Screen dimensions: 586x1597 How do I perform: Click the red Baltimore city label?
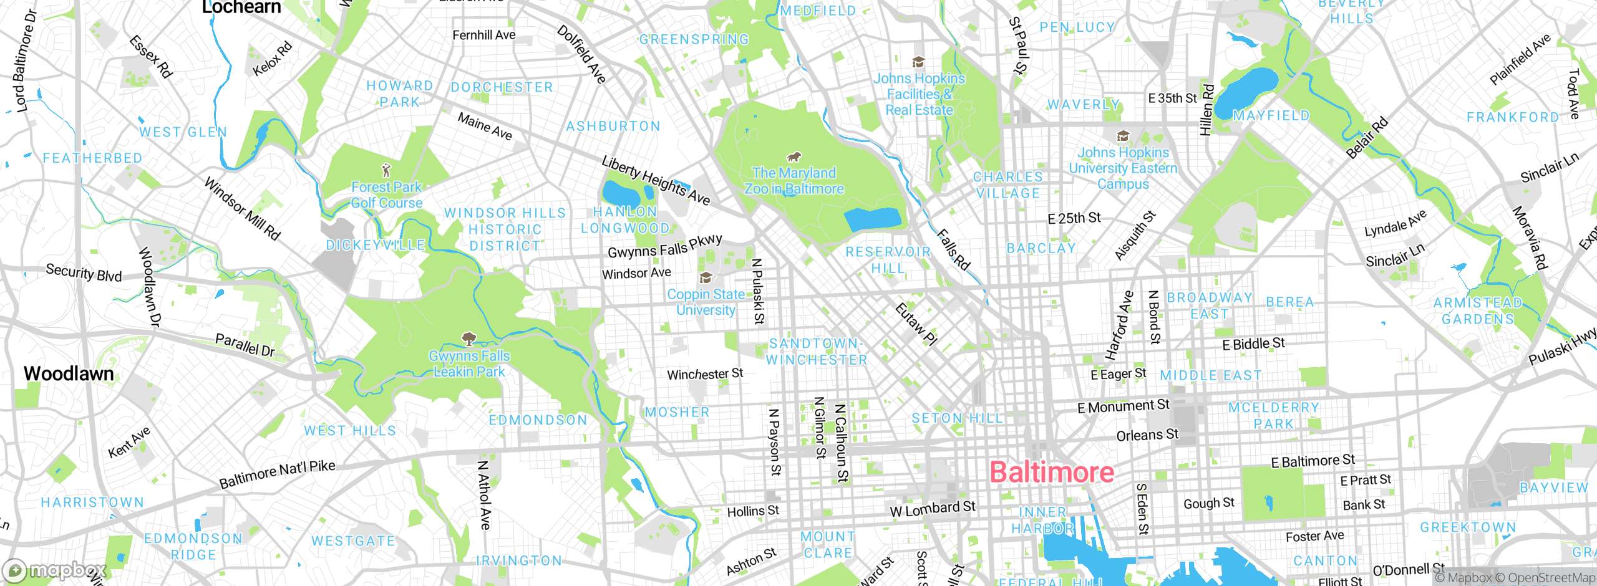[1052, 472]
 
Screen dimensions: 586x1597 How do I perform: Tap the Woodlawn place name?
[69, 373]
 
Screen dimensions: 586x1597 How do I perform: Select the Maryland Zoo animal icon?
[794, 156]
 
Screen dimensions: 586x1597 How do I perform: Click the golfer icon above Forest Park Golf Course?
[386, 170]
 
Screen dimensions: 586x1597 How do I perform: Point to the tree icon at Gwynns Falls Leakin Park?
[468, 339]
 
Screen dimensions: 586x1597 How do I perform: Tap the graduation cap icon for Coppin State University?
[706, 277]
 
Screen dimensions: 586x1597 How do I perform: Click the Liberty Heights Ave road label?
[656, 180]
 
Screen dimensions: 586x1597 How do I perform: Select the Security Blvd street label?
[84, 272]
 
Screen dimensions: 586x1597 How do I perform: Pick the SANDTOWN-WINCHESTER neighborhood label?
[816, 352]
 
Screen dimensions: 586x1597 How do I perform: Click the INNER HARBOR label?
[1042, 520]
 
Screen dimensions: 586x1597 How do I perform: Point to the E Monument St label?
[1123, 406]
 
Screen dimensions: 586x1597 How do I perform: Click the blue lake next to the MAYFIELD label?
[1245, 92]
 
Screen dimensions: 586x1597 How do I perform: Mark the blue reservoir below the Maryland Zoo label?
[872, 219]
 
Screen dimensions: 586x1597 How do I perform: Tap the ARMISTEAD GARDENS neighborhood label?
[1478, 310]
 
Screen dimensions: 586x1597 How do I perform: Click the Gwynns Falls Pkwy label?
[664, 246]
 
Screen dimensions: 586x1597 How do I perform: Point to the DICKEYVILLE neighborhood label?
[376, 245]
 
